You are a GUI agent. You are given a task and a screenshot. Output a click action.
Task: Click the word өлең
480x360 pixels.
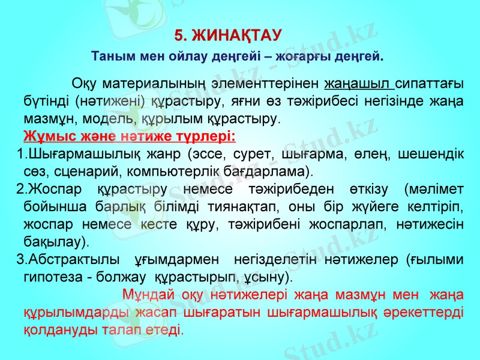click(375, 154)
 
